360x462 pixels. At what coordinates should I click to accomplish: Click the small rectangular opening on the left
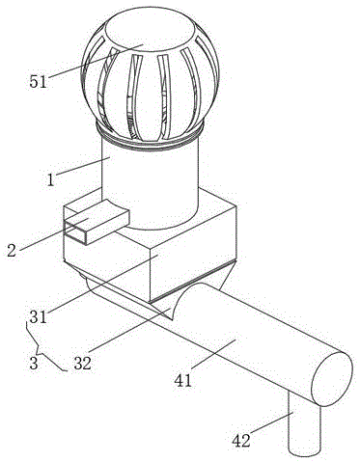76,230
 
